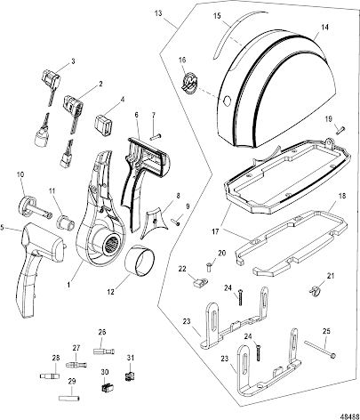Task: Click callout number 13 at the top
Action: coord(158,13)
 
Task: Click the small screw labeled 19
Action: coord(340,130)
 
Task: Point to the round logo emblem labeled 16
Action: coord(188,82)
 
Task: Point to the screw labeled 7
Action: coord(155,136)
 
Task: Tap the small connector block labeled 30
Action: coord(108,388)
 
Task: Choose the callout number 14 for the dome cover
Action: coord(324,27)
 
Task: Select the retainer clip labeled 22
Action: coord(199,282)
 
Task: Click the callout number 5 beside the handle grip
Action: coord(3,228)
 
